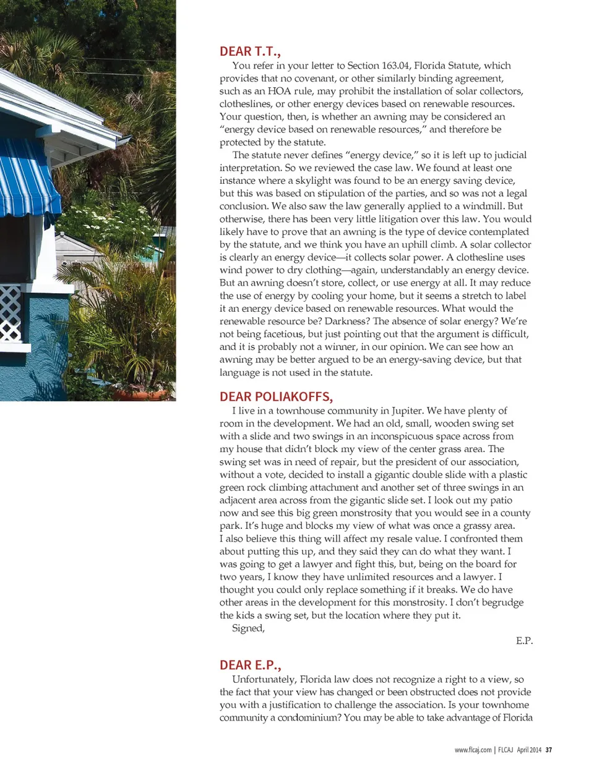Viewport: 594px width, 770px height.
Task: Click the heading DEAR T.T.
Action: [x=250, y=51]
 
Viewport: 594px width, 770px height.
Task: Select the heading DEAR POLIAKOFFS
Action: [x=276, y=396]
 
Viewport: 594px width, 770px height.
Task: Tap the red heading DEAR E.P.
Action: [x=250, y=665]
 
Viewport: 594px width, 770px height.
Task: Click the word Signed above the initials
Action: [x=248, y=628]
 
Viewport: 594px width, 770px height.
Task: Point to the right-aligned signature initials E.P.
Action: [x=524, y=641]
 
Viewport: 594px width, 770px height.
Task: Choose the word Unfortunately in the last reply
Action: [x=264, y=679]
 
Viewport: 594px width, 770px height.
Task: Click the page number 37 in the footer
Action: [x=548, y=750]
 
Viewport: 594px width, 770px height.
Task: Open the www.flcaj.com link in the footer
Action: [x=473, y=750]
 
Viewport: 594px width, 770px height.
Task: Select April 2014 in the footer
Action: [x=529, y=750]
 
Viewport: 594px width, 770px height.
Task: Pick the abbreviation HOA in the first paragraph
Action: [x=279, y=91]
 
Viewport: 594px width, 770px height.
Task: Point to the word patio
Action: [x=501, y=500]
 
